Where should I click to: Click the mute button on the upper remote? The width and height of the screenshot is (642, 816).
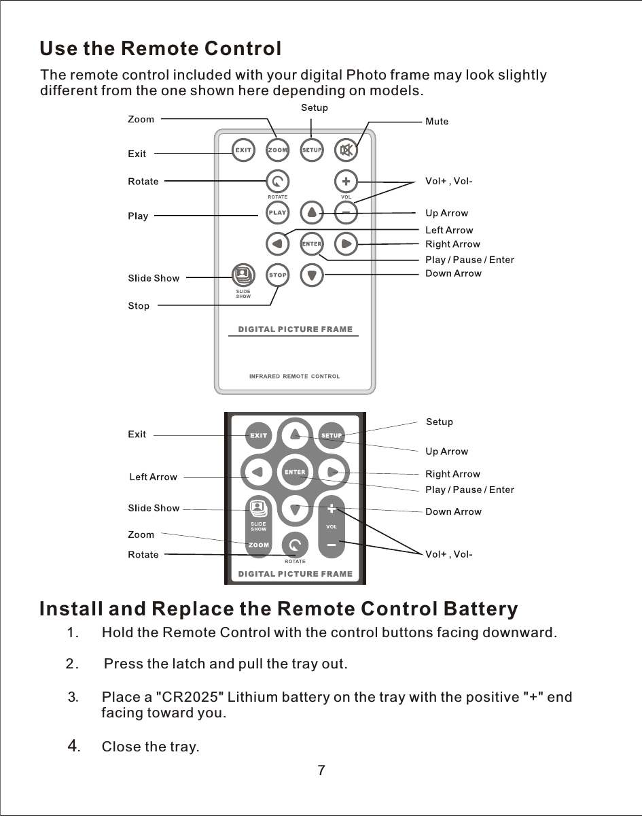[x=346, y=150]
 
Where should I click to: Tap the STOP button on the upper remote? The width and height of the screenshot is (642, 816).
[x=277, y=275]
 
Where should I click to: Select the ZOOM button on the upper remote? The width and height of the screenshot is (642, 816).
[x=277, y=150]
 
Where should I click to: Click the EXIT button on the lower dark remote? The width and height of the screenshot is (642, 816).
[x=258, y=435]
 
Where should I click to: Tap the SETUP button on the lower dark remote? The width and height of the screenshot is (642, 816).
[x=332, y=435]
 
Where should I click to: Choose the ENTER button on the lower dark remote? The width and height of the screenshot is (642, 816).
[x=295, y=472]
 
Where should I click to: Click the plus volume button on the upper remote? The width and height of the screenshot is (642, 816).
[x=346, y=182]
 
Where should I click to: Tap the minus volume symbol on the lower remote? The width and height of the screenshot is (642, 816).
[x=332, y=545]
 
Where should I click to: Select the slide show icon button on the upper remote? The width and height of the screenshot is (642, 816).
[x=243, y=275]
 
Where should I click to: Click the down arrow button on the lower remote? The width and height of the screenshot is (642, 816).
[x=295, y=509]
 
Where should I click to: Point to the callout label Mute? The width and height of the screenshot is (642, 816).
[x=437, y=122]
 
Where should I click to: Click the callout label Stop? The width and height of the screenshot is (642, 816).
[x=139, y=306]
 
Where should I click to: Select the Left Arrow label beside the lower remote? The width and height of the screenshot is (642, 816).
[x=153, y=477]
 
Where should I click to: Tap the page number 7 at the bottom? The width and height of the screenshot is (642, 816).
[x=321, y=770]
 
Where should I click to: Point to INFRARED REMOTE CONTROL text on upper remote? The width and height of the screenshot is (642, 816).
[x=294, y=376]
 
